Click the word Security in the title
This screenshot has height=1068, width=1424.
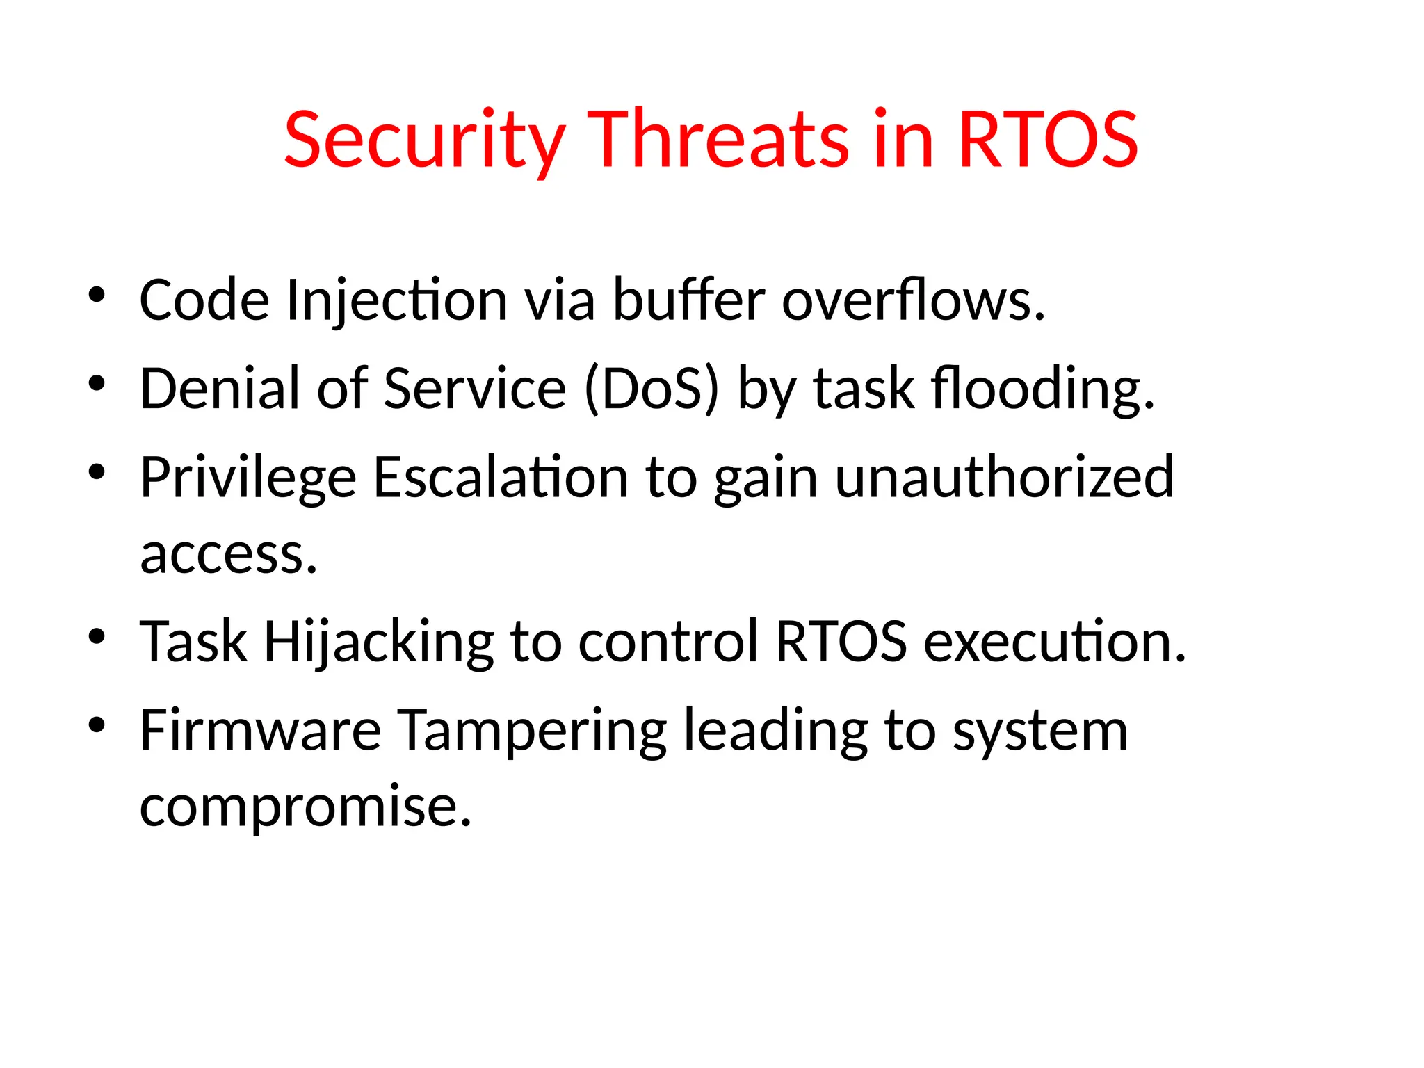424,140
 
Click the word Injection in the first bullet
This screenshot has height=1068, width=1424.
397,301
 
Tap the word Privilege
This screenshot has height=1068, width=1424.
248,478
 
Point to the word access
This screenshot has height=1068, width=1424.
228,554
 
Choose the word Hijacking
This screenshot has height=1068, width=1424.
378,642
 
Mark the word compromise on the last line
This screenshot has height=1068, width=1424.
305,807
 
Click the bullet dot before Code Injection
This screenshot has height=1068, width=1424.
97,295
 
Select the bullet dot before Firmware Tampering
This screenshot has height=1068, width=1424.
97,725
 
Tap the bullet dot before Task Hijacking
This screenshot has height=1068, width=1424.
97,636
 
